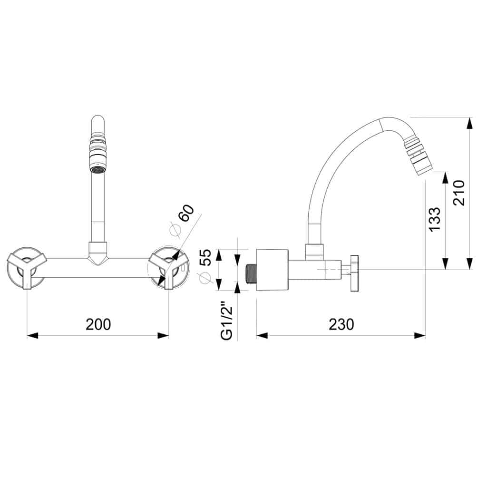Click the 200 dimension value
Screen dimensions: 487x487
[98, 324]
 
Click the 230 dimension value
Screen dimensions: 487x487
[341, 324]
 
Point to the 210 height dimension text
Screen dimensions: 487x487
[459, 193]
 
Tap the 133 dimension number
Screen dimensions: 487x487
[434, 219]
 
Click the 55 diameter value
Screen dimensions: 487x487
[205, 257]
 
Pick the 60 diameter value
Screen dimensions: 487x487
[186, 213]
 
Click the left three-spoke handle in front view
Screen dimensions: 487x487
[27, 268]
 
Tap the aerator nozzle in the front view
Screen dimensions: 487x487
[97, 156]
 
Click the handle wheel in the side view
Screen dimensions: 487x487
[354, 273]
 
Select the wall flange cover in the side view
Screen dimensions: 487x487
[272, 270]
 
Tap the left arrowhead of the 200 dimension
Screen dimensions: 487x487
[32, 335]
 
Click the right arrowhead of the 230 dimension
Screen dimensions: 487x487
[420, 335]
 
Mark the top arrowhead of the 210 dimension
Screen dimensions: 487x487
[470, 123]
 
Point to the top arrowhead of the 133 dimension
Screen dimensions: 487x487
[446, 178]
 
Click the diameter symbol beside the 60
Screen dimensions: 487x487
[175, 230]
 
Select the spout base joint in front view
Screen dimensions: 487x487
[97, 253]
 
